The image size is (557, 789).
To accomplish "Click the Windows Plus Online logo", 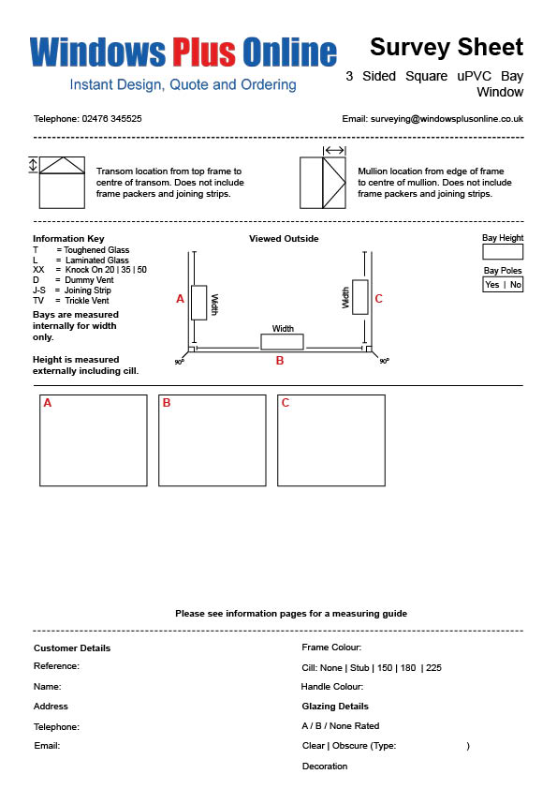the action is [183, 52].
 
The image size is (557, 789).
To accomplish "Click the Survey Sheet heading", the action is [447, 47].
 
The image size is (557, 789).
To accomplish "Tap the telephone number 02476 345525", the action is [111, 119].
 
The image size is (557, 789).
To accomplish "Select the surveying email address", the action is [447, 119].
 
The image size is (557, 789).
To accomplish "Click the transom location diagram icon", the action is [57, 182].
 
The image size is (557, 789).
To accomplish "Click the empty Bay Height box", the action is [503, 251].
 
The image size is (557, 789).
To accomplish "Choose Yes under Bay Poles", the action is [492, 285].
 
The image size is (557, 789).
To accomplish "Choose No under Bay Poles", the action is [515, 285].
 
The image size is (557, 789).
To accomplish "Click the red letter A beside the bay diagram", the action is [180, 299].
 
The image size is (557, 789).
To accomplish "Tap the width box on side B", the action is [282, 342].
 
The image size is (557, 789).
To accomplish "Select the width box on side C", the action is [359, 297].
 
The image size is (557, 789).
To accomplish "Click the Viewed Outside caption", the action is [284, 239].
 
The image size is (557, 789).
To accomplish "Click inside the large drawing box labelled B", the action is [213, 440].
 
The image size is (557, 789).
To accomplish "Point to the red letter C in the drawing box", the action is [285, 403].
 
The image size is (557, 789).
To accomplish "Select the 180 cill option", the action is [408, 668].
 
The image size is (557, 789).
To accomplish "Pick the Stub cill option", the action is [359, 668].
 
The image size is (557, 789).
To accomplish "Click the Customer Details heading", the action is [72, 648].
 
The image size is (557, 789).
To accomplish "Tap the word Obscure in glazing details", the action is [350, 746].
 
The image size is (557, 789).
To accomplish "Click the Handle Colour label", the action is [331, 686].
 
